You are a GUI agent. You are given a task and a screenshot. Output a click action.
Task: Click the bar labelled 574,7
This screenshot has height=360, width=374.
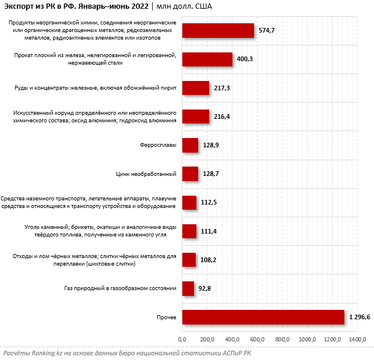(218, 30)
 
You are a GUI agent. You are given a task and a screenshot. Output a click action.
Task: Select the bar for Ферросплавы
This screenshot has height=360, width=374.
(190, 145)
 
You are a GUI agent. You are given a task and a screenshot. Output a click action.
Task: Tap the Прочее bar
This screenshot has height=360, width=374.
(263, 317)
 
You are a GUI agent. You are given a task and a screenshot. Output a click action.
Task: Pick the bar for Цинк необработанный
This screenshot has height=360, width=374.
(190, 174)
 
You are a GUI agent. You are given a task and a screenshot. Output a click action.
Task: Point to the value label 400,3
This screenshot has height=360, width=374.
(245, 59)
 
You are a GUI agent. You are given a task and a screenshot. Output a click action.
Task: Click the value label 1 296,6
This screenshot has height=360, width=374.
(359, 317)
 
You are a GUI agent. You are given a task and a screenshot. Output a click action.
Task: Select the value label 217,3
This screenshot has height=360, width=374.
(222, 88)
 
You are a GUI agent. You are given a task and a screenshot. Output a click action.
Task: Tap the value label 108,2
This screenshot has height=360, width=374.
(208, 260)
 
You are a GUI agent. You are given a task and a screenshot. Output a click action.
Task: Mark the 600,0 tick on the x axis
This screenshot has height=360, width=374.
(257, 339)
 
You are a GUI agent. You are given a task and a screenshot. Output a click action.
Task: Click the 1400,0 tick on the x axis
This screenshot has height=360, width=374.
(357, 339)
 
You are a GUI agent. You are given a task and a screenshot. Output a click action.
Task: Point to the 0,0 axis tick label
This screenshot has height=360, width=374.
(182, 339)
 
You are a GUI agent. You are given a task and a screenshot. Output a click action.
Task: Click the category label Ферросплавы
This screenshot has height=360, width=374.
(158, 145)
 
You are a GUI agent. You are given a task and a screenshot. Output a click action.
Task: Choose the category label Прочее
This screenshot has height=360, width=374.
(167, 317)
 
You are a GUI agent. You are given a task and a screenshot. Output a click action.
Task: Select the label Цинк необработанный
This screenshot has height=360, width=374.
(146, 174)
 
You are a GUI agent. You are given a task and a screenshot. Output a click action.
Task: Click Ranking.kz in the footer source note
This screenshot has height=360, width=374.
(47, 353)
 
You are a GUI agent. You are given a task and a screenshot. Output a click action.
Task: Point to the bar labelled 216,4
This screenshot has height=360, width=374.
(196, 117)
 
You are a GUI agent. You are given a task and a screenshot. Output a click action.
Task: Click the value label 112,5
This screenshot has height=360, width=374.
(209, 202)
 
